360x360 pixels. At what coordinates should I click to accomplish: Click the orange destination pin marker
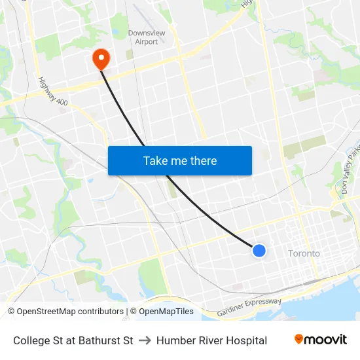101,59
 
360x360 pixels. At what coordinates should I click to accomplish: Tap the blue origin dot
259,250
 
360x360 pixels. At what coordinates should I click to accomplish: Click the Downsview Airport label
146,37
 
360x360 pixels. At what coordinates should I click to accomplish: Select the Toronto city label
304,253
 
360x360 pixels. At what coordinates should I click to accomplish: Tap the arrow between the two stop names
145,340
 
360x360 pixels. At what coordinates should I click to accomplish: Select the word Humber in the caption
174,340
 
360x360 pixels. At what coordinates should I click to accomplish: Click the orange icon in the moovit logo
299,339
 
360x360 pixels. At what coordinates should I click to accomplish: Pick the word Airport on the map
146,42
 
